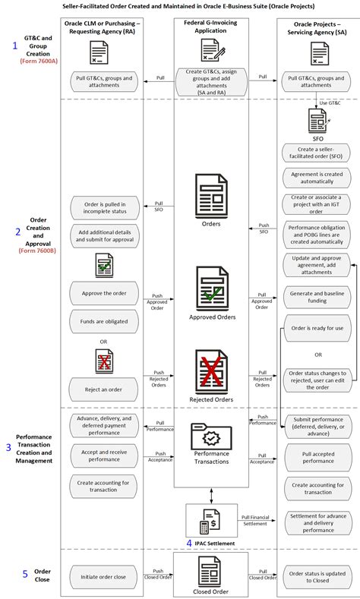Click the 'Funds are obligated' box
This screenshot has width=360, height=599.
[105, 321]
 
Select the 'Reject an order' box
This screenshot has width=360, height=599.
[105, 389]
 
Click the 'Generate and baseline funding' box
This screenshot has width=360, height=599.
[317, 297]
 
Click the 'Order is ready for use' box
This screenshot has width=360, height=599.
[317, 329]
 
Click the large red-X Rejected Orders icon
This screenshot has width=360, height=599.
[212, 371]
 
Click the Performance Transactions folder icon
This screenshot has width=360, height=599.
[212, 437]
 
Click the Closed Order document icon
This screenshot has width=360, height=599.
[210, 571]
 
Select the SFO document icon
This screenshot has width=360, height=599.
[317, 119]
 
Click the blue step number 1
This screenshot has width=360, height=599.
[14, 46]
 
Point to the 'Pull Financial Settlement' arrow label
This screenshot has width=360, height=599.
[254, 519]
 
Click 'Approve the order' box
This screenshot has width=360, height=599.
[105, 293]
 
